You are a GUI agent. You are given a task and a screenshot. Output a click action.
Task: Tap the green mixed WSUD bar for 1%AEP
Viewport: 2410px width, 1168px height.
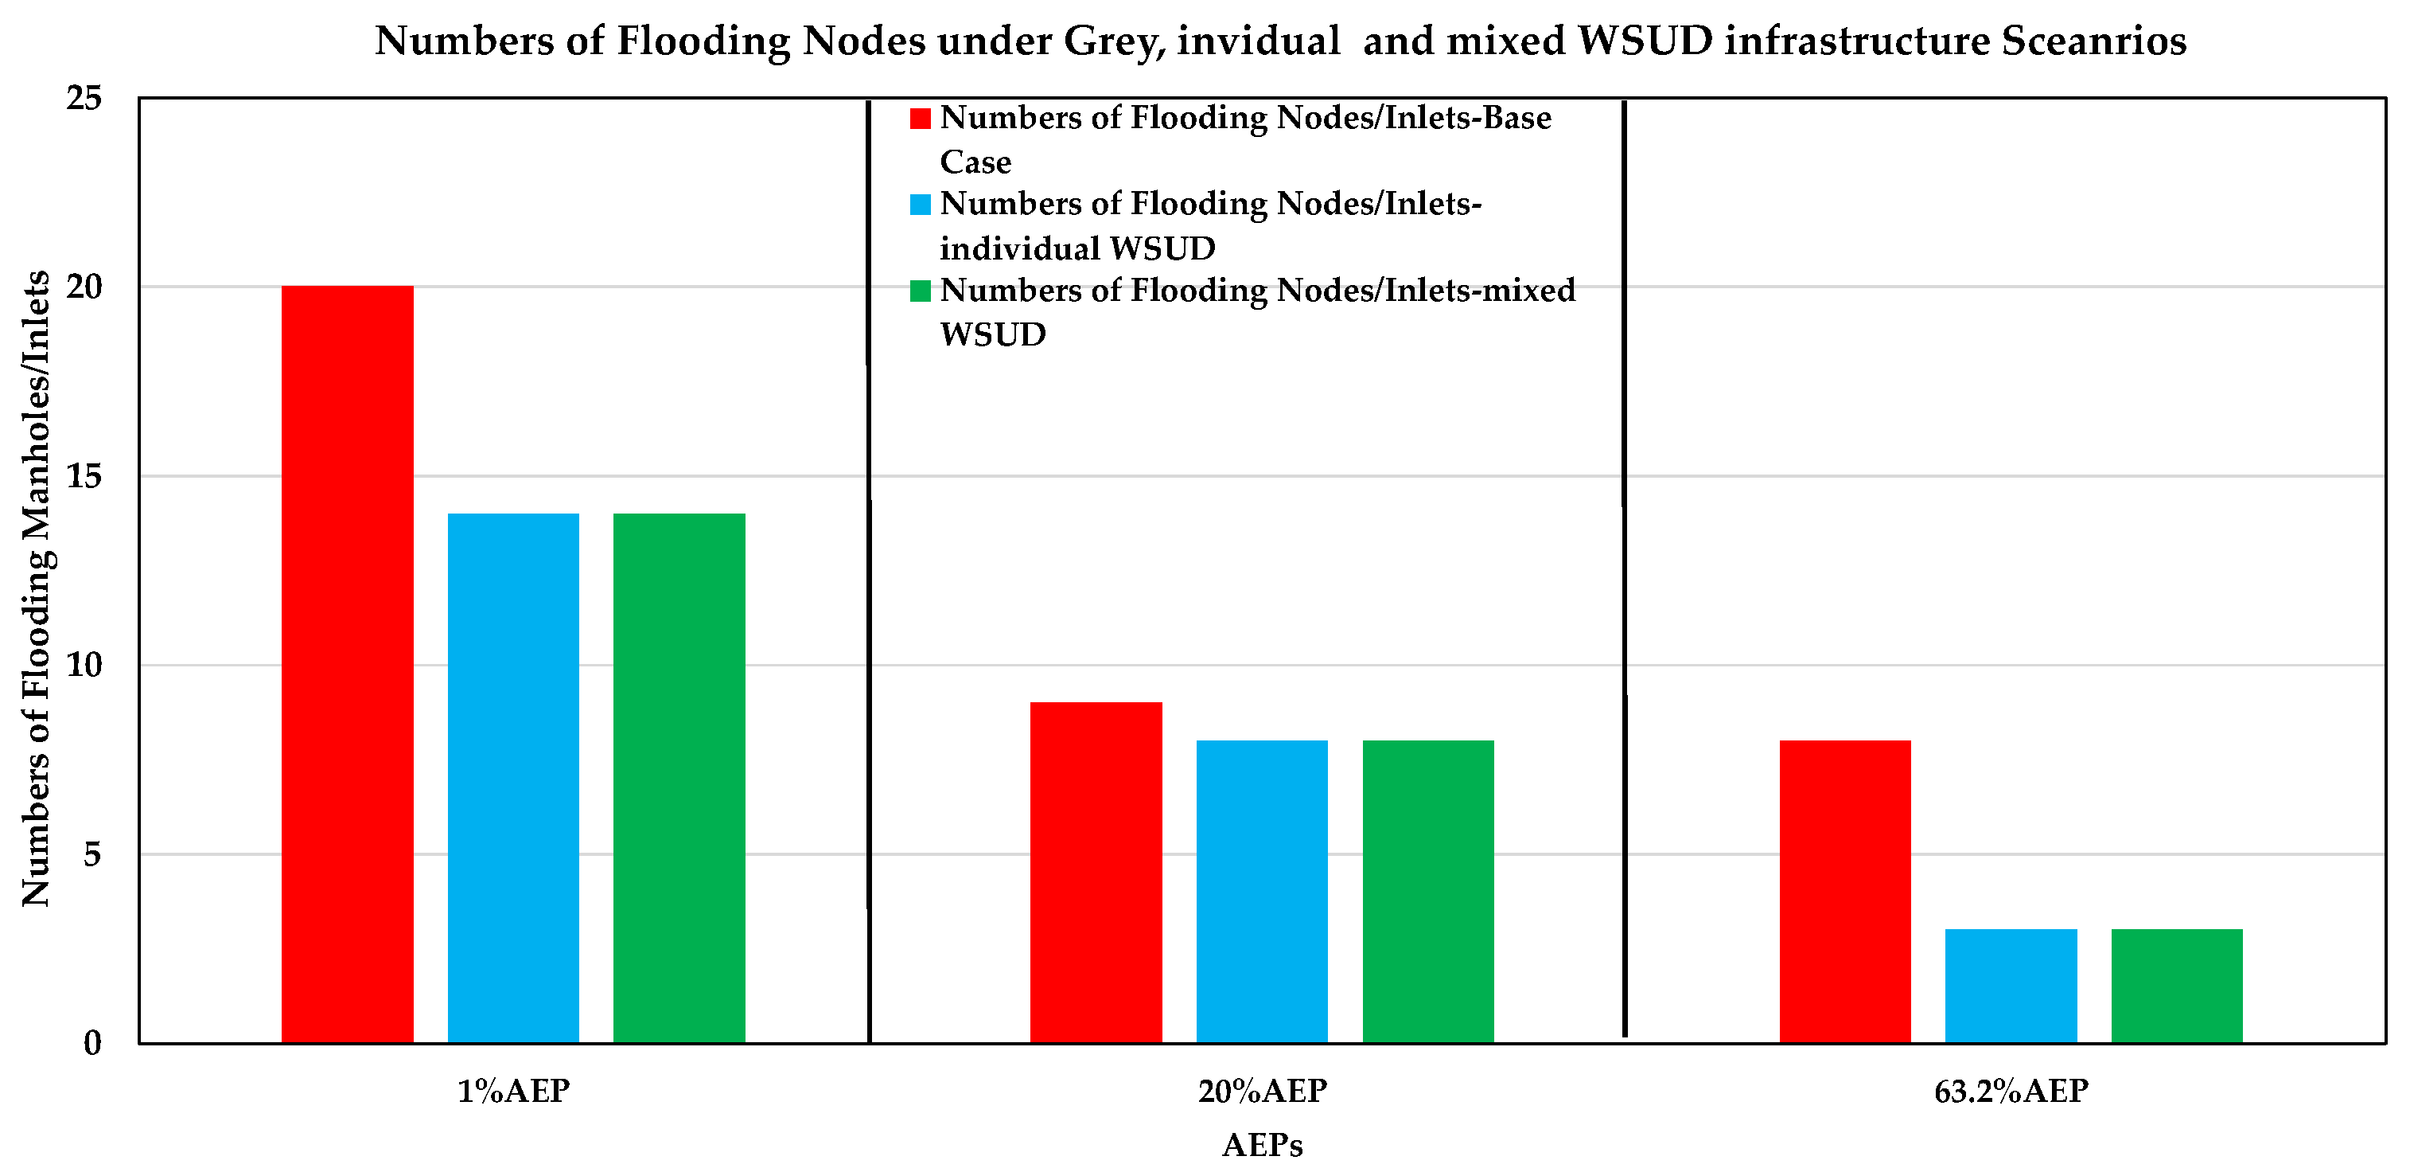pyautogui.click(x=679, y=777)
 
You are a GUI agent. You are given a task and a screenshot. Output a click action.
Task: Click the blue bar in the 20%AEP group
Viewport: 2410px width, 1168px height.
pyautogui.click(x=1261, y=890)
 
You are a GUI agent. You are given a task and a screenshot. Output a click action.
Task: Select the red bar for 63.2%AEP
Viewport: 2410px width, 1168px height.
pyautogui.click(x=1845, y=890)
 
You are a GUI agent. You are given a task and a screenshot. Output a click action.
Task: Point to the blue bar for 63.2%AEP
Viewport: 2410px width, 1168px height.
pyautogui.click(x=2011, y=985)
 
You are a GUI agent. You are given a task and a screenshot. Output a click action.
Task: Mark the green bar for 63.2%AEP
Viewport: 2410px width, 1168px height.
pyautogui.click(x=2177, y=985)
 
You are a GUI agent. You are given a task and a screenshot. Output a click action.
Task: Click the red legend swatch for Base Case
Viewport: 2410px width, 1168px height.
pyautogui.click(x=921, y=119)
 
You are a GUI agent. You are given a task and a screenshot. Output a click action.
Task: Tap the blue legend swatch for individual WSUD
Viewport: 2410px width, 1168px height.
pyautogui.click(x=921, y=204)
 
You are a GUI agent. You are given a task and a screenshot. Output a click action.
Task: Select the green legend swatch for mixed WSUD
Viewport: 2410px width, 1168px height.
pyautogui.click(x=921, y=291)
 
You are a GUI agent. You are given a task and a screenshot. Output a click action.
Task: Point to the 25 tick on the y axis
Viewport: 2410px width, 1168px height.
pyautogui.click(x=84, y=97)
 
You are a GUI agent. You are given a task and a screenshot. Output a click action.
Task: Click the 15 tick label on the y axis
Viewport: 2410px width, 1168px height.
pyautogui.click(x=84, y=476)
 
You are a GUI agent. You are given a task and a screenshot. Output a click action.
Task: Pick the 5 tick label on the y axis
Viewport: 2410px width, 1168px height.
pyautogui.click(x=91, y=854)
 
